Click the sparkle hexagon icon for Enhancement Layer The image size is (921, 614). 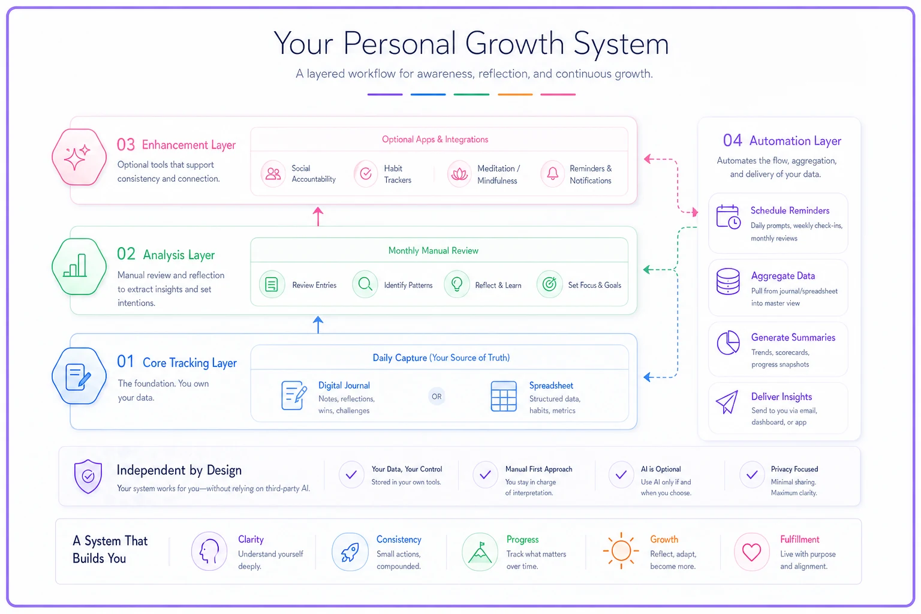click(x=79, y=157)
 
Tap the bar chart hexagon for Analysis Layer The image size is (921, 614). click(x=79, y=266)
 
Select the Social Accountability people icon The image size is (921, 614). click(x=273, y=173)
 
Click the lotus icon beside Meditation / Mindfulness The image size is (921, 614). click(x=459, y=174)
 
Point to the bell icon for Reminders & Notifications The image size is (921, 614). click(x=553, y=174)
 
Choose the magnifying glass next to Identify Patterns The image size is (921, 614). click(x=365, y=284)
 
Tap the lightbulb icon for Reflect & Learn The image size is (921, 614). click(x=457, y=284)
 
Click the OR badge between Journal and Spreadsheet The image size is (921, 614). click(x=437, y=396)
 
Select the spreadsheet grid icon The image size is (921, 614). click(x=504, y=396)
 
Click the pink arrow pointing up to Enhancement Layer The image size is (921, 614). click(x=318, y=216)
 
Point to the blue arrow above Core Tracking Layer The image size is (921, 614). click(x=318, y=325)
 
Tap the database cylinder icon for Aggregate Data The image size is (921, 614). click(x=728, y=282)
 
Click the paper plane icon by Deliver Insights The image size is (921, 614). click(x=727, y=402)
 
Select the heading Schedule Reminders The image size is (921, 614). click(x=790, y=210)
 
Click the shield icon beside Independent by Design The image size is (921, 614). click(x=88, y=476)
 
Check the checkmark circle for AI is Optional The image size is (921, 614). click(x=621, y=475)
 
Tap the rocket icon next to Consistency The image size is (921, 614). click(x=350, y=552)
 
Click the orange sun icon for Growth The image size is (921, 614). click(x=621, y=550)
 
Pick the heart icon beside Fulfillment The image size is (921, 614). click(x=751, y=552)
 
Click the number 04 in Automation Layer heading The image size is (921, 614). click(x=732, y=141)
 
